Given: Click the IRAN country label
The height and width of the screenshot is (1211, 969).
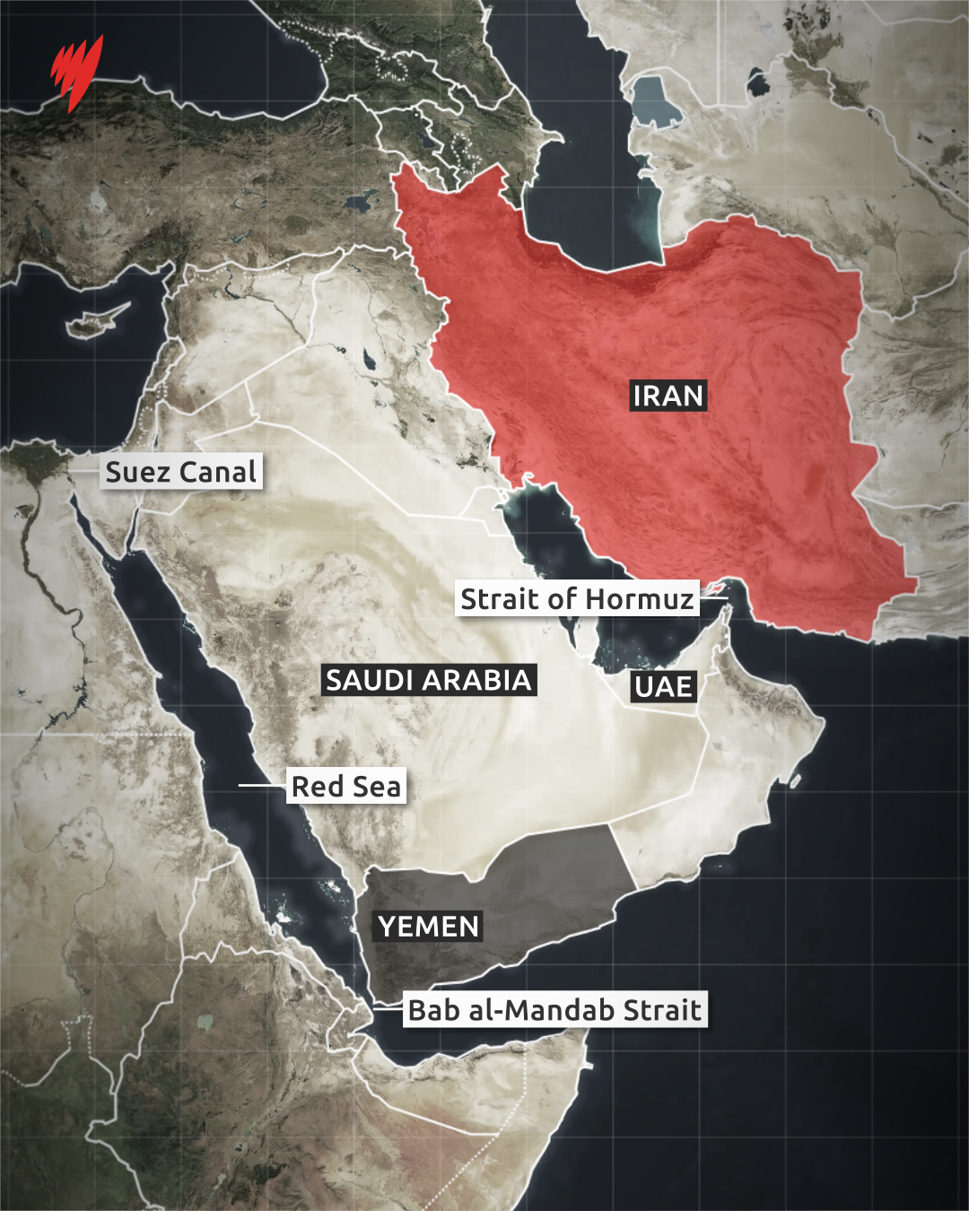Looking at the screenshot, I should pyautogui.click(x=668, y=396).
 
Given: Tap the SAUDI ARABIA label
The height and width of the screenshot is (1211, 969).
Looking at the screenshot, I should pyautogui.click(x=429, y=680).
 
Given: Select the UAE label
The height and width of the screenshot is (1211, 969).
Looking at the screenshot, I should pyautogui.click(x=663, y=687).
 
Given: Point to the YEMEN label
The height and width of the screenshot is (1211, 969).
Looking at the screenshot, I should pyautogui.click(x=428, y=927).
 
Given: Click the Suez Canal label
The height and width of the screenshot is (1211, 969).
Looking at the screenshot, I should pyautogui.click(x=181, y=472).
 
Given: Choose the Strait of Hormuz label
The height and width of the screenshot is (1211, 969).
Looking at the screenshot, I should pyautogui.click(x=577, y=598).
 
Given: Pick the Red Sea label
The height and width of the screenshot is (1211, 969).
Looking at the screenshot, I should pyautogui.click(x=346, y=787).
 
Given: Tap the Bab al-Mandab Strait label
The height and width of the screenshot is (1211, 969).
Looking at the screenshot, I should pyautogui.click(x=554, y=1010).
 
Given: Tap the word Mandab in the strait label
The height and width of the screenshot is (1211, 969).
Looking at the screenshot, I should pyautogui.click(x=563, y=1010).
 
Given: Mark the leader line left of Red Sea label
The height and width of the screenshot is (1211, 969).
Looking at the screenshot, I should pyautogui.click(x=261, y=786).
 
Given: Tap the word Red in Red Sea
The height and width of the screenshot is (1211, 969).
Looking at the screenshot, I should pyautogui.click(x=318, y=787).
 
